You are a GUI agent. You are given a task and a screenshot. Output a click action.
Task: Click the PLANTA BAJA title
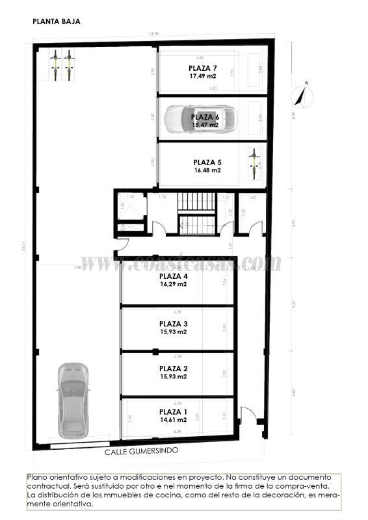(57, 21)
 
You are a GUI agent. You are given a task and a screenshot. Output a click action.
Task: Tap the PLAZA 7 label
(202, 68)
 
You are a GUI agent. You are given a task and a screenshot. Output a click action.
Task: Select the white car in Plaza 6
(200, 119)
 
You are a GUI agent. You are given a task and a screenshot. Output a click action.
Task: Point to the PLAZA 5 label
(207, 162)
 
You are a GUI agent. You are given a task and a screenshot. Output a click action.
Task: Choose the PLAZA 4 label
(174, 276)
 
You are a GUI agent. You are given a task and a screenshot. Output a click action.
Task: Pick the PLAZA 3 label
(174, 323)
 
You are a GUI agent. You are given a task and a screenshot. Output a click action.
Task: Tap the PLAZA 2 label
(174, 368)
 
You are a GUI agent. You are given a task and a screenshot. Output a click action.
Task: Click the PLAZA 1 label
(174, 411)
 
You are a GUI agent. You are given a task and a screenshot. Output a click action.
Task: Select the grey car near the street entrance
(72, 399)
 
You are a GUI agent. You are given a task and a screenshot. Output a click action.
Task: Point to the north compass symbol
(301, 95)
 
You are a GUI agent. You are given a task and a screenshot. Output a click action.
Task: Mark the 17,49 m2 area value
(202, 76)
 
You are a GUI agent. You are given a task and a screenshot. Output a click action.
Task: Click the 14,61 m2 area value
(174, 420)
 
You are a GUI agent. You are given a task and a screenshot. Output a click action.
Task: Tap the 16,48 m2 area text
(207, 170)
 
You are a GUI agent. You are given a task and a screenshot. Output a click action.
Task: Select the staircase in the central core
(196, 214)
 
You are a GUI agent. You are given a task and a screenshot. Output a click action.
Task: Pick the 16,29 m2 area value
(174, 284)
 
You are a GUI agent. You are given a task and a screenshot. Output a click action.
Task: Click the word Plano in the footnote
(37, 476)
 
